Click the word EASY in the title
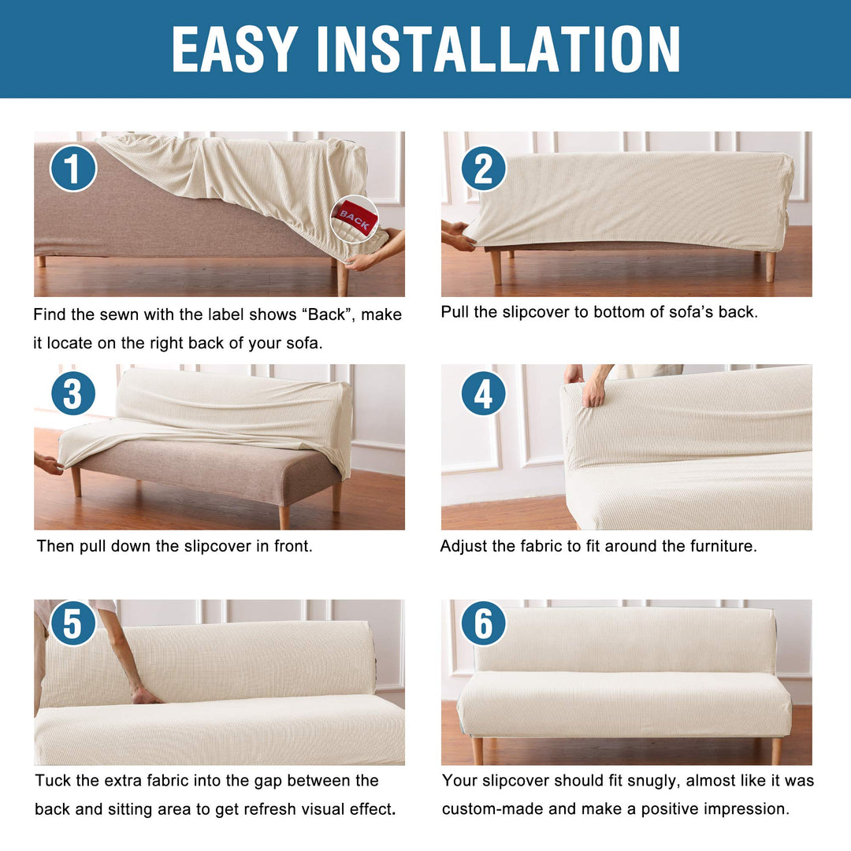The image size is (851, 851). coord(235,49)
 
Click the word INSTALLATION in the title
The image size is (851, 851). coord(498,49)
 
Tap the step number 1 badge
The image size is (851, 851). coord(73,168)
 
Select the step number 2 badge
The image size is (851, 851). coord(484,169)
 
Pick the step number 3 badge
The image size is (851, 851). coord(73,393)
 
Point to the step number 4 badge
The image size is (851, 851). coord(484,393)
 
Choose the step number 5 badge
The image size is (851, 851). coord(72,622)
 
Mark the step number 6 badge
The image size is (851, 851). coord(484,622)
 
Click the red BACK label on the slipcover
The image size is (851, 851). coord(355,218)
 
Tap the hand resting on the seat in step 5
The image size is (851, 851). coord(146,696)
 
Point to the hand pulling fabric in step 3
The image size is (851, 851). coord(50,465)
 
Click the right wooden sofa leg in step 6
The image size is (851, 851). coord(777,751)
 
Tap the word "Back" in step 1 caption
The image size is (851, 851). coord(327,314)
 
